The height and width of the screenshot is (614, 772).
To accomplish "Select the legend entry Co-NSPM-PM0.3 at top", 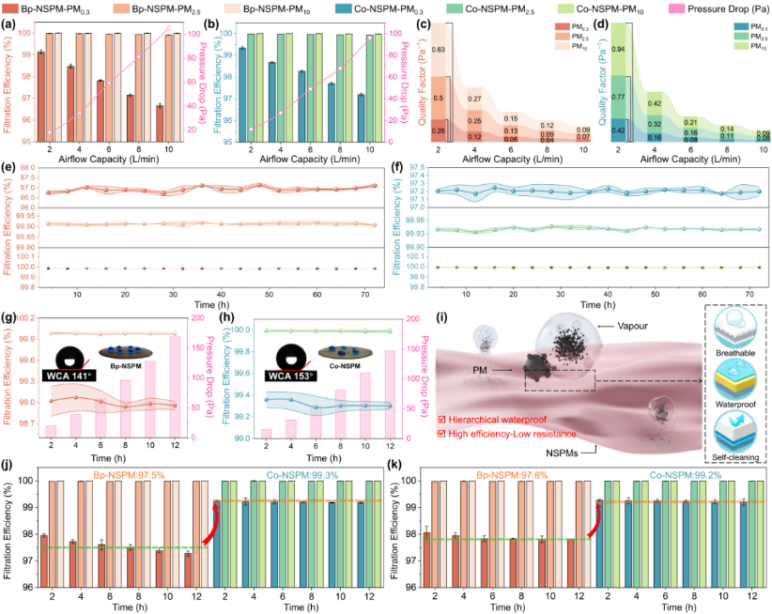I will point(403,8).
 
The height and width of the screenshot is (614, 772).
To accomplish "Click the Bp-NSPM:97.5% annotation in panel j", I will point(135,474).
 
